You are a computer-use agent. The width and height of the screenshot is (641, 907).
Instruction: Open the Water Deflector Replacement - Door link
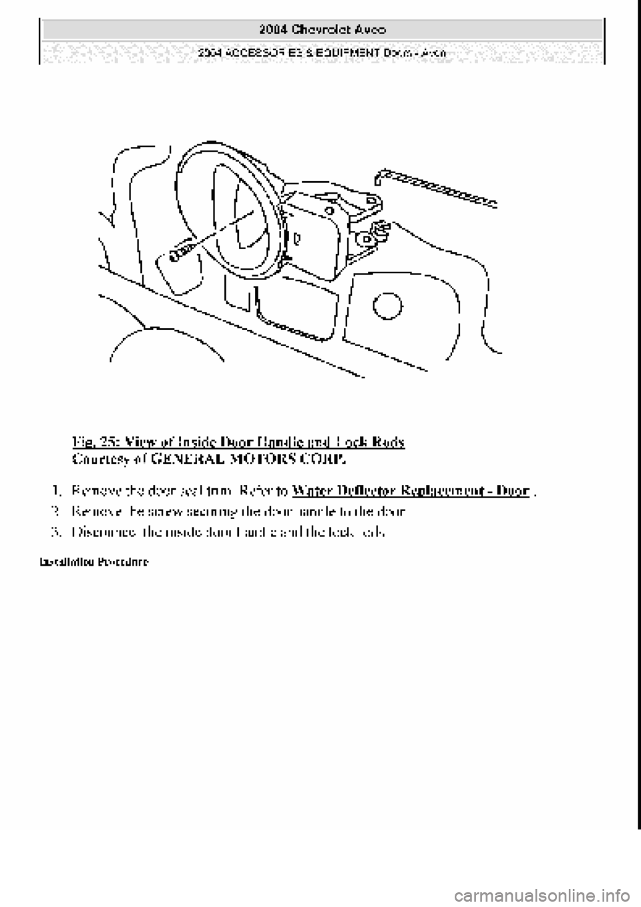pyautogui.click(x=411, y=492)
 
